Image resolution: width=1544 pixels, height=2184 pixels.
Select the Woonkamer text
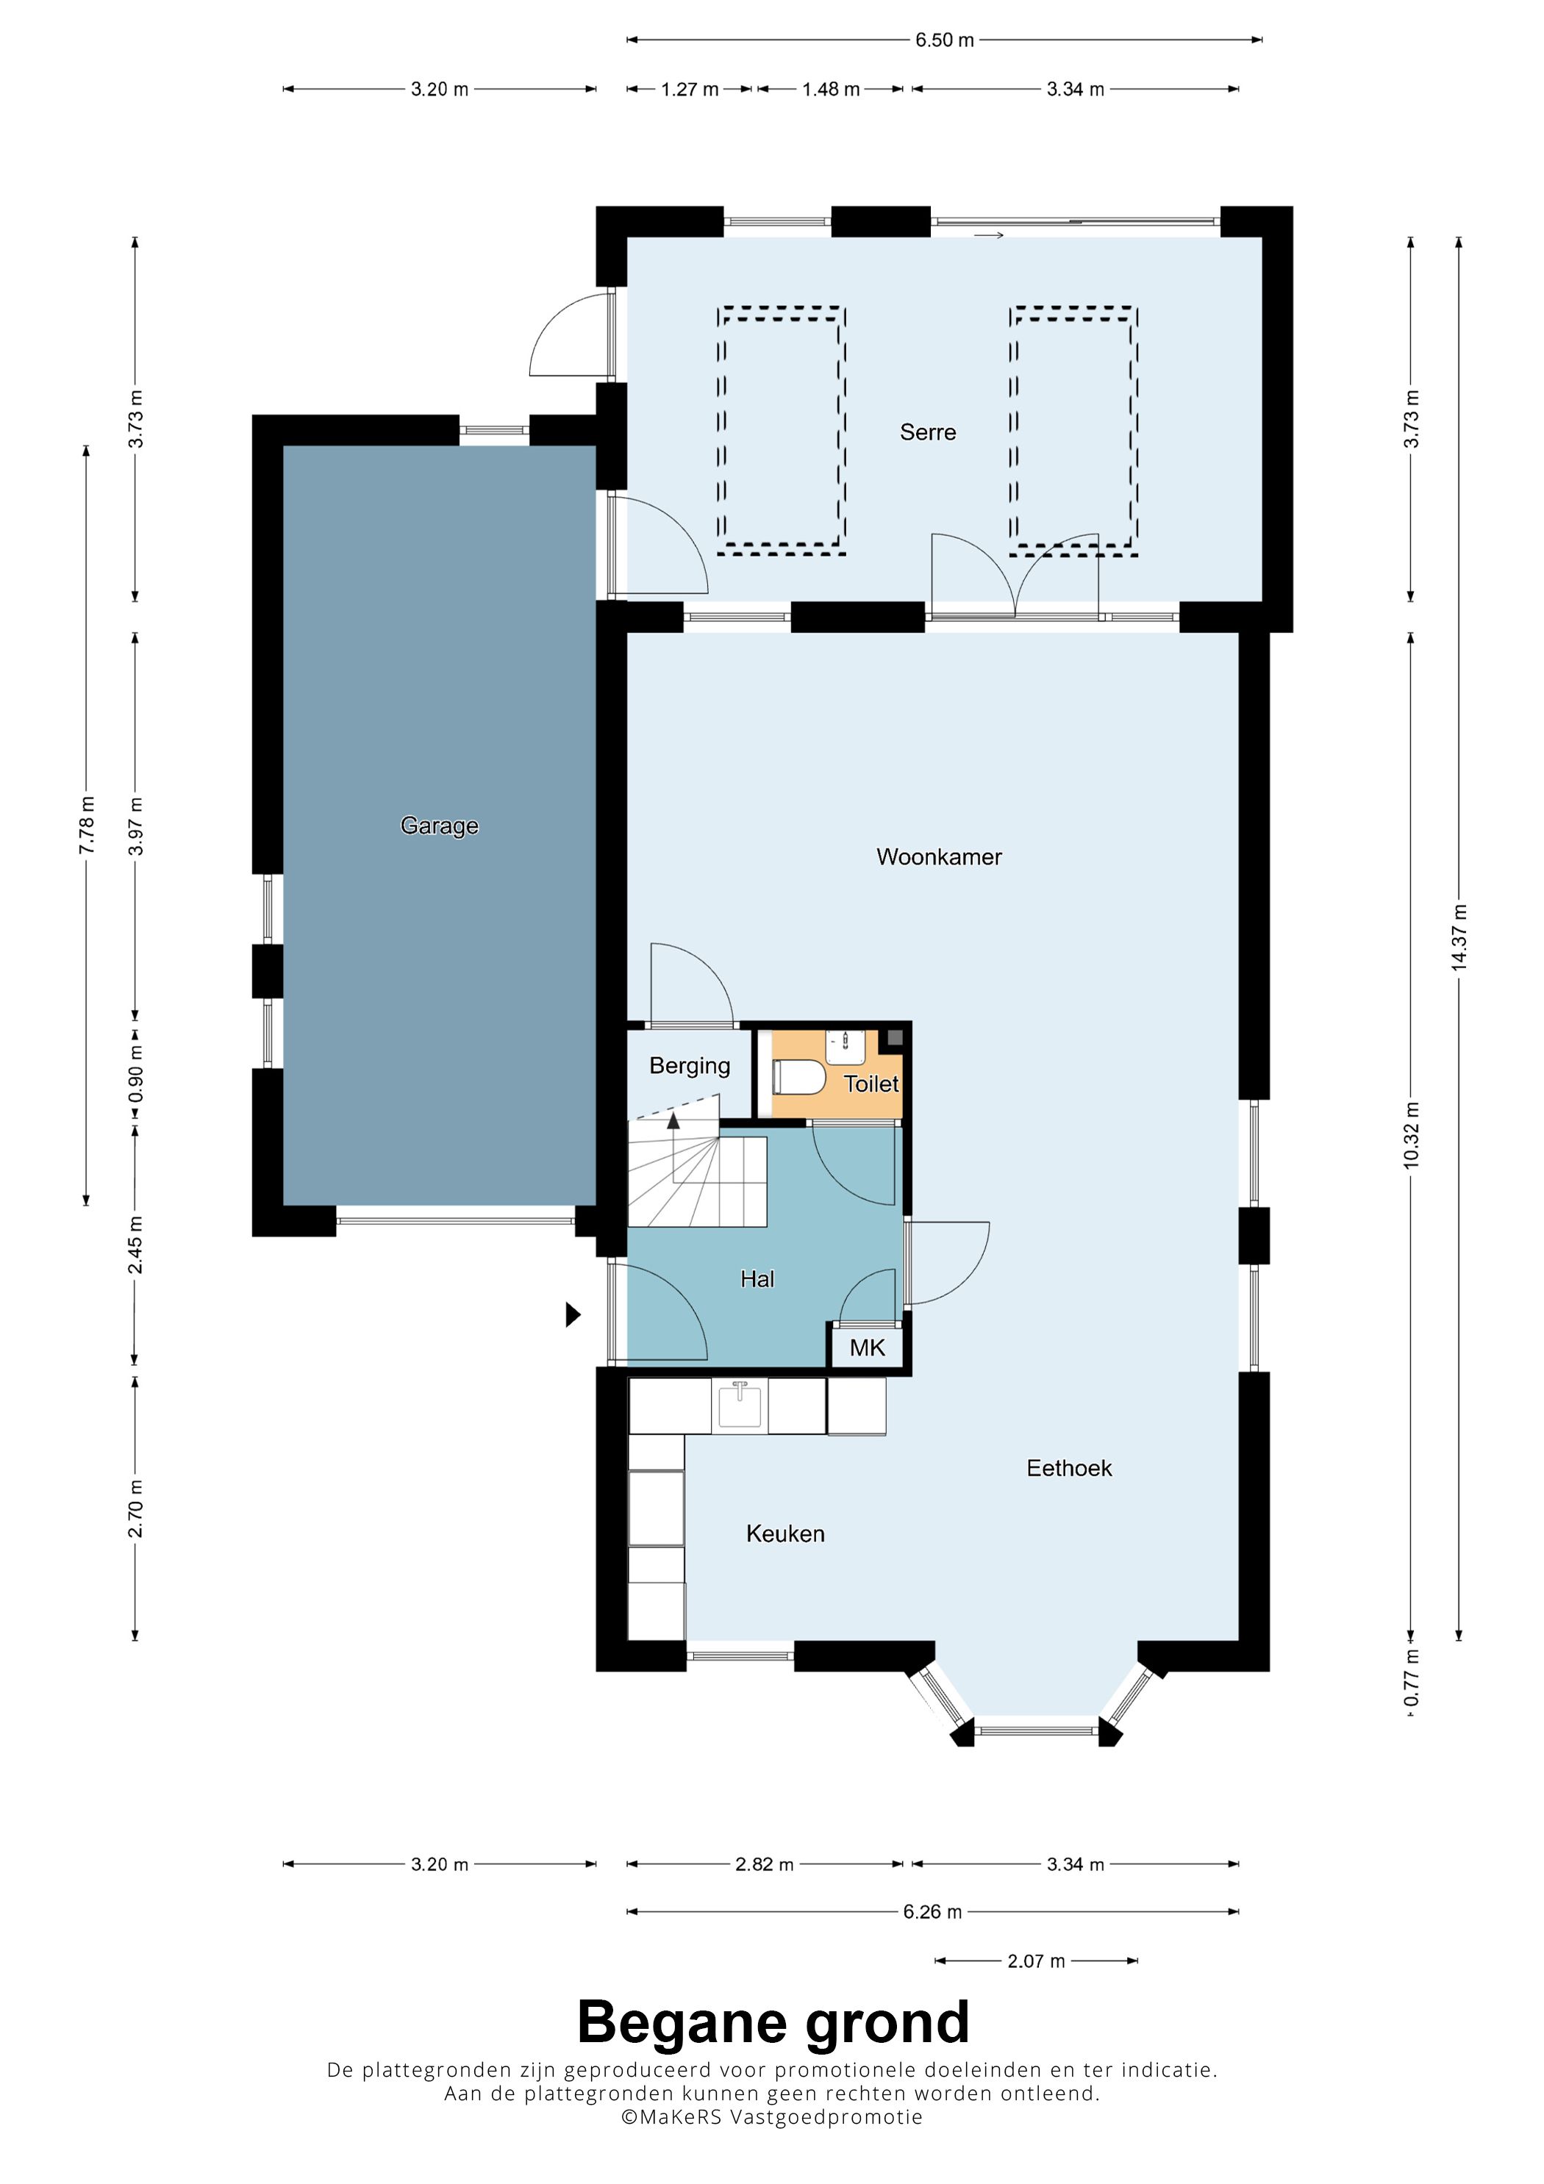939,857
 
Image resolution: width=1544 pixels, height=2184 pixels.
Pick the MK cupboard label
867,1348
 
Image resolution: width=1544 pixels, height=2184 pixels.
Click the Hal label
757,1279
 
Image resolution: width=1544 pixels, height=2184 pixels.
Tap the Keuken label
784,1533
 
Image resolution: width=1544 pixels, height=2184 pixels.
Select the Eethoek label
1068,1468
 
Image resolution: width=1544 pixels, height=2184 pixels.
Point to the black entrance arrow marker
573,1314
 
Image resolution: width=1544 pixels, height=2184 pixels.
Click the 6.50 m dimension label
945,40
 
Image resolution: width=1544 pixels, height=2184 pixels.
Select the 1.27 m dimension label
690,90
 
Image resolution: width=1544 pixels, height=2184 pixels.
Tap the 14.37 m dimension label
1459,938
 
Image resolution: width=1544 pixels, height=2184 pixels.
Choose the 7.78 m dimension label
87,825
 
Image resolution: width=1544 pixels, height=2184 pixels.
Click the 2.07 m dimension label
1036,1961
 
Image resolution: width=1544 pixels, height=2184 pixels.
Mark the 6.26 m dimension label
932,1912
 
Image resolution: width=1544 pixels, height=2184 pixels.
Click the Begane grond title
773,2022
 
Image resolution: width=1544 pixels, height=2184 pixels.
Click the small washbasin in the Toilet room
844,1046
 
